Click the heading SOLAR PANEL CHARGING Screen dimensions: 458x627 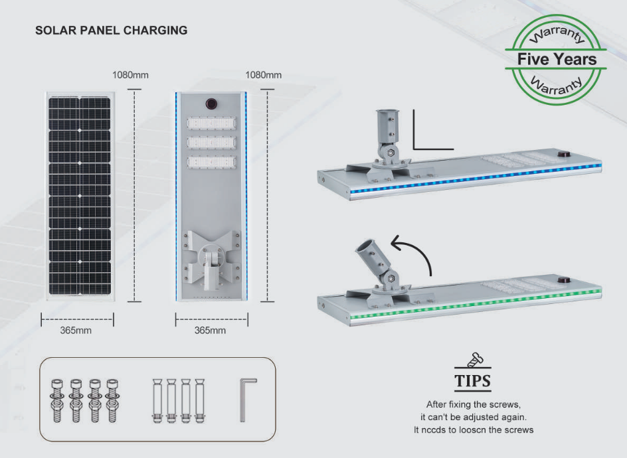point(112,31)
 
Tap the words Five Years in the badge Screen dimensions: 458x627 point(557,59)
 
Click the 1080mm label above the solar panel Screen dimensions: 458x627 point(130,75)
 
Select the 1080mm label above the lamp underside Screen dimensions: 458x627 point(264,75)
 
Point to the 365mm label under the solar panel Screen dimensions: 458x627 point(76,331)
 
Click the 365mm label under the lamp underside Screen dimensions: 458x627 point(210,331)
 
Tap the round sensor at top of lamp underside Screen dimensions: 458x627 point(212,104)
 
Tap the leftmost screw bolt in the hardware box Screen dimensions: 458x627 point(57,400)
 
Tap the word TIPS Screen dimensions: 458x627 point(473,381)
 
